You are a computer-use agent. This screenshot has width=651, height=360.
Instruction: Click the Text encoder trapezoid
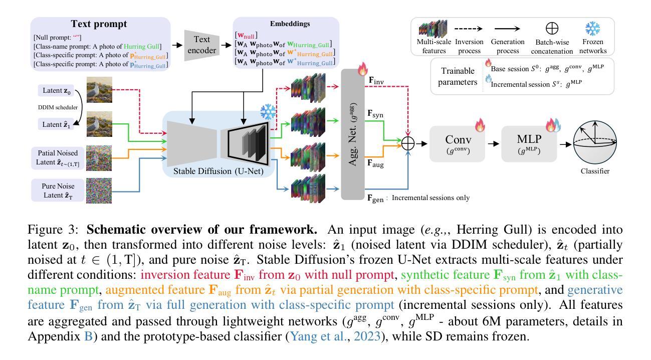(x=201, y=45)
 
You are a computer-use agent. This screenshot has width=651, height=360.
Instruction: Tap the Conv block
(x=458, y=144)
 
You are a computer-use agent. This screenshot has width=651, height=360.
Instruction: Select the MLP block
(x=529, y=144)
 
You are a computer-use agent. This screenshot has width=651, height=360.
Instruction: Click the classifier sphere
(x=595, y=143)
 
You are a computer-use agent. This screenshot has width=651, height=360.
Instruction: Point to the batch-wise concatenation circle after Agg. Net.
(x=408, y=143)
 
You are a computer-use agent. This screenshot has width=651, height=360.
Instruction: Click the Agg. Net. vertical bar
(x=352, y=134)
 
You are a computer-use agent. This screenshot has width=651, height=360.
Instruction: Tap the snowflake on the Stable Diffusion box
(x=268, y=112)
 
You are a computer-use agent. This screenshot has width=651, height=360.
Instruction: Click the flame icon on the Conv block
(x=480, y=125)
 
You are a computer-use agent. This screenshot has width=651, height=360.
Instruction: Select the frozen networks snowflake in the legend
(x=592, y=29)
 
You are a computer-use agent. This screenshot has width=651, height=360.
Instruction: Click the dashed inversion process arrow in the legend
(x=468, y=29)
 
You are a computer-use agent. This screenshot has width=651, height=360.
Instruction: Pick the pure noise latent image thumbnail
(x=99, y=191)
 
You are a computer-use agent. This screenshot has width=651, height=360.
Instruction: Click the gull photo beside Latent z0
(x=99, y=90)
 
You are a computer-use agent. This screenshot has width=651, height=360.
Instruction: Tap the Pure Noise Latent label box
(x=58, y=191)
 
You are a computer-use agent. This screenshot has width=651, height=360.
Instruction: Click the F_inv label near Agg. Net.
(x=376, y=81)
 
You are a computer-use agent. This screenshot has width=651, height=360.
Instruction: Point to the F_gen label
(x=375, y=199)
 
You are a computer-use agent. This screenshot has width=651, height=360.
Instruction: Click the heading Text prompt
(x=99, y=24)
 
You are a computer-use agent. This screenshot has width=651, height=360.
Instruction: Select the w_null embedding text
(x=246, y=36)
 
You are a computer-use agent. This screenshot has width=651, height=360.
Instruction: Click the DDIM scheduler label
(x=58, y=107)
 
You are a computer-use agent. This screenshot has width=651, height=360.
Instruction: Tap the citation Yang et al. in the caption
(x=317, y=336)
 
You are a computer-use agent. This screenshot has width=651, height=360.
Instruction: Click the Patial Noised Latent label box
(x=58, y=158)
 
